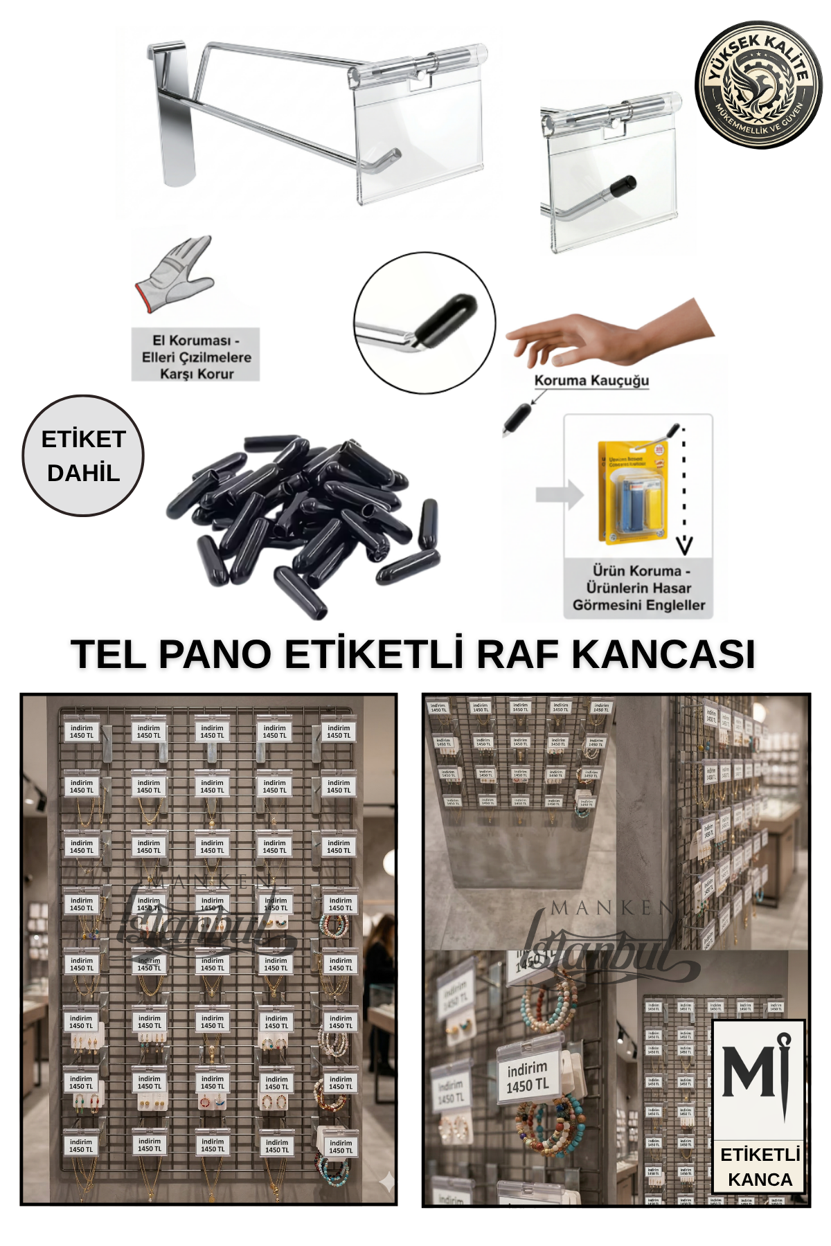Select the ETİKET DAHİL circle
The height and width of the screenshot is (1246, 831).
(x=83, y=455)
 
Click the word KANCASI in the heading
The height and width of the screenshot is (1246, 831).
(x=663, y=653)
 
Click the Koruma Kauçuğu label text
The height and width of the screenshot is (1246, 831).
(x=591, y=380)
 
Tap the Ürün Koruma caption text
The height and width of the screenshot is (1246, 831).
(x=638, y=588)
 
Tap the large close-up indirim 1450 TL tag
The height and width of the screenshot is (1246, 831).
(x=528, y=1077)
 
